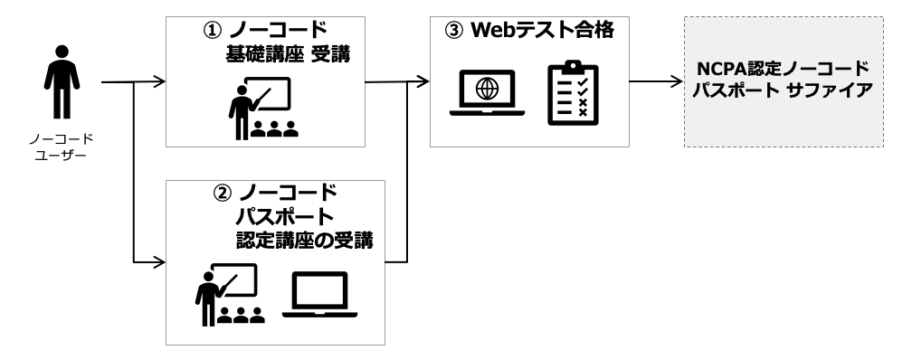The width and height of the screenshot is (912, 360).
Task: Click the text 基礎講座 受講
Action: point(288,57)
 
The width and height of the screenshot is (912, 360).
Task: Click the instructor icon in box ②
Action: point(229,293)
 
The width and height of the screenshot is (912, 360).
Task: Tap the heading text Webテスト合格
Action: point(542,31)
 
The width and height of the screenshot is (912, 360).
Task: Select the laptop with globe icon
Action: point(488,93)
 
